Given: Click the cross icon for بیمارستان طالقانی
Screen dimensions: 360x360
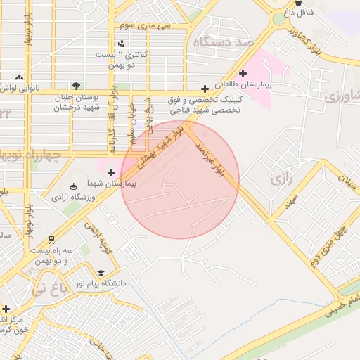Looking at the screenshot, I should point(243,73).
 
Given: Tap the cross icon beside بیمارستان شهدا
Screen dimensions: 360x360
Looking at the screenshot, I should point(111,172).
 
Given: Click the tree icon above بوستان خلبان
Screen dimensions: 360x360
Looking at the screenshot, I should point(76,86).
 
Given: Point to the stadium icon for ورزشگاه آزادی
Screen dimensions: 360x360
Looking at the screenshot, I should point(73,186).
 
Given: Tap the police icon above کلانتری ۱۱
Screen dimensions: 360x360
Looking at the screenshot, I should point(121,44).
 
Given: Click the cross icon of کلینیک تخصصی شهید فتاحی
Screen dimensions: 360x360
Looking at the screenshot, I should point(205,89).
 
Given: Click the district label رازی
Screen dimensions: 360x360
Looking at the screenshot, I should point(281,179).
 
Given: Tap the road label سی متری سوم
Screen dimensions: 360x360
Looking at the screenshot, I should point(145,25).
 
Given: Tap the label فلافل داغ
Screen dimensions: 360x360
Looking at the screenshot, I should point(298,13).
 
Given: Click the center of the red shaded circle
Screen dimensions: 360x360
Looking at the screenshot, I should point(180,180).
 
